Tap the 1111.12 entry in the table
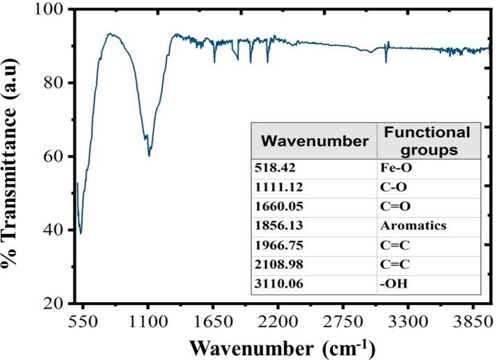coord(278,188)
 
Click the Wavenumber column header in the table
coord(314,141)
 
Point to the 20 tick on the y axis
coord(58,304)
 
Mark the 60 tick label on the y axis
coord(58,157)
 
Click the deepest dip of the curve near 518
coord(81,234)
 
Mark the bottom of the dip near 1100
coord(149,155)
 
